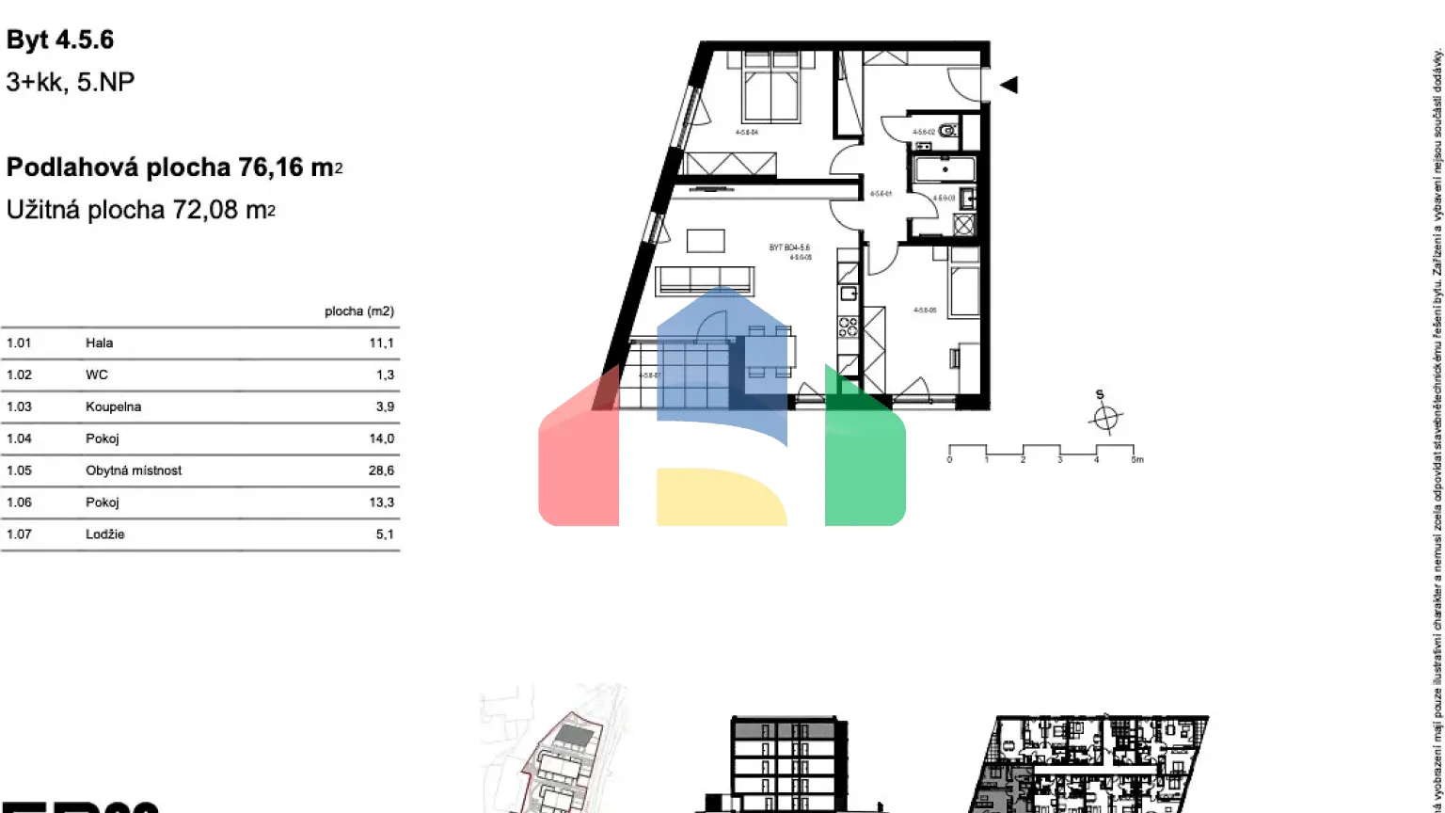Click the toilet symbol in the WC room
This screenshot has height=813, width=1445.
948,131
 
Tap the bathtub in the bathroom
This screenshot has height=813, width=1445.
945,169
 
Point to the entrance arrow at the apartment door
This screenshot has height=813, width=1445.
1008,85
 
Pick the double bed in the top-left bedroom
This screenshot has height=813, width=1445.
771,88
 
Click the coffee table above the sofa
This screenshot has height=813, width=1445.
706,241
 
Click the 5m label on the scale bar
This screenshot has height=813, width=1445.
1136,460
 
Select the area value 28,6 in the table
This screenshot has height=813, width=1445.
381,470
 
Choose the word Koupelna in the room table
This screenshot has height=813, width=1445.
113,406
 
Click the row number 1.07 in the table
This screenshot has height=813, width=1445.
19,534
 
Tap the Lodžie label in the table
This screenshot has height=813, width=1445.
104,534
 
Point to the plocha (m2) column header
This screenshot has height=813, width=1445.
358,311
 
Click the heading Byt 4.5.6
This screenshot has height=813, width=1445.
60,40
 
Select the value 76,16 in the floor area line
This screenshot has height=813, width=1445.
271,167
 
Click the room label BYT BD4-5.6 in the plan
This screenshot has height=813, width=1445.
788,247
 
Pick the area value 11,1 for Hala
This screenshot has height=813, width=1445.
381,343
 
